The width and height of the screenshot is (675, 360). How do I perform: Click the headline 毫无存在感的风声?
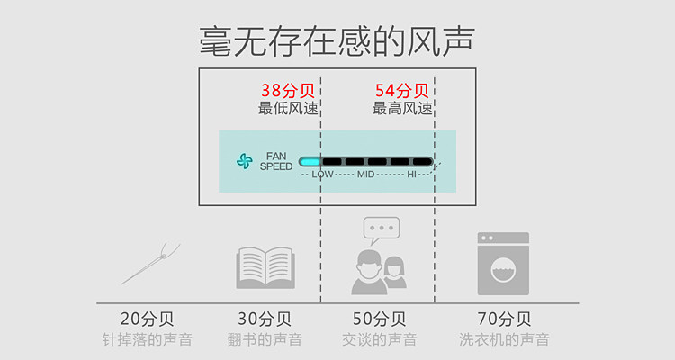337,40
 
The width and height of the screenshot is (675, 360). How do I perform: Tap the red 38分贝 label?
288,91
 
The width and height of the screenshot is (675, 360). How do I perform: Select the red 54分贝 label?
401,91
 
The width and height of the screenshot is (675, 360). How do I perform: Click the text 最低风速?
288,108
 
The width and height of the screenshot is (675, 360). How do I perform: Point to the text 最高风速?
402,108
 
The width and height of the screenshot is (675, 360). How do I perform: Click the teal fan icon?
245,161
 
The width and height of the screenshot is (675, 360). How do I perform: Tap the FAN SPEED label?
276,161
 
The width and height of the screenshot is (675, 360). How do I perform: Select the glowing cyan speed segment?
310,162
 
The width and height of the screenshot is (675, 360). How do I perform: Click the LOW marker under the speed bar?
322,174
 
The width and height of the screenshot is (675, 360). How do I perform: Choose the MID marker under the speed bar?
366,174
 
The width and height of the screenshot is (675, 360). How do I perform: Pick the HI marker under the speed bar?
412,174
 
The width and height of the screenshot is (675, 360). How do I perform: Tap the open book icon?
264,267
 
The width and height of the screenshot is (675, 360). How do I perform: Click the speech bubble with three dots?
381,229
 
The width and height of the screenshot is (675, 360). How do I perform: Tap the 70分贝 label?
503,319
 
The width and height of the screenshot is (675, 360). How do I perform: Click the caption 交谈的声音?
379,339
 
